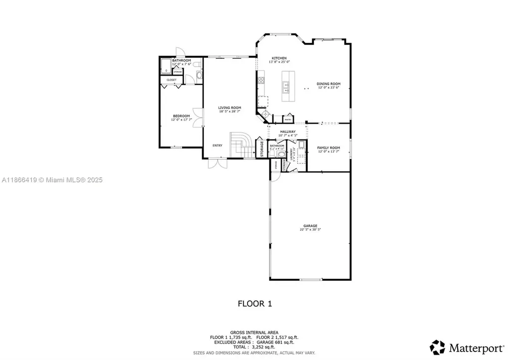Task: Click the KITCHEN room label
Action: pos(279,58)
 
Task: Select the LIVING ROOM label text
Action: pos(230,108)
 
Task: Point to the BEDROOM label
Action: pos(181,117)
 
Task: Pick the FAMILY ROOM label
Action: pos(329,148)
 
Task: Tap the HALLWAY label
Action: pos(287,132)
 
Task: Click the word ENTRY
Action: pos(218,145)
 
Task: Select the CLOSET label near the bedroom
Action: pos(171,80)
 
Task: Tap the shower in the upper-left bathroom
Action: pos(165,67)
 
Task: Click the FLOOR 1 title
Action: pos(255,303)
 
